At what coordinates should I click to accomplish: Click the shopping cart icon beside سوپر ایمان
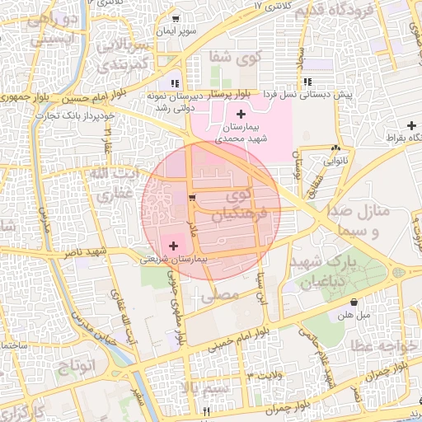(176, 18)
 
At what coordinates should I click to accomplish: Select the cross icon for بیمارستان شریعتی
(173, 246)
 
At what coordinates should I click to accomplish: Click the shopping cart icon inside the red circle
(191, 198)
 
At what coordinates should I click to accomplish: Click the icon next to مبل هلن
(354, 302)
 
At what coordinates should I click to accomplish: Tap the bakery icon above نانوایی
(335, 148)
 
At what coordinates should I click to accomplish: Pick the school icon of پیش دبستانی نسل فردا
(307, 82)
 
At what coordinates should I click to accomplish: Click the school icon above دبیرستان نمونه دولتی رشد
(174, 82)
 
